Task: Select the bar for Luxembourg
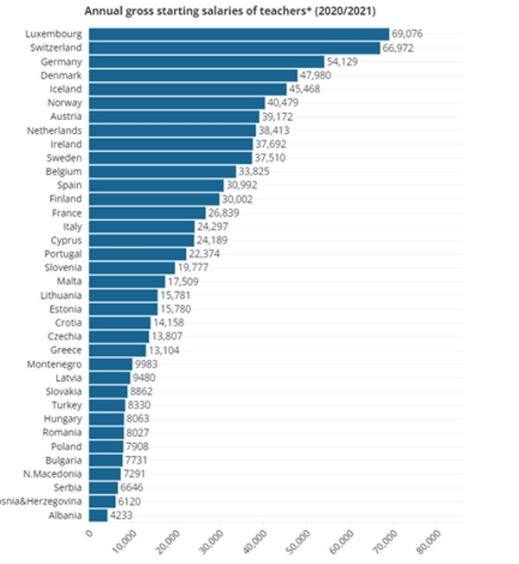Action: coord(239,34)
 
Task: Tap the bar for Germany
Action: coord(207,61)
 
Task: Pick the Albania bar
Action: coord(99,516)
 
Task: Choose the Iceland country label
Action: coord(65,89)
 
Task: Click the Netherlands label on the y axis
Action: coord(54,130)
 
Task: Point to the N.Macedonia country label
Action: coord(54,473)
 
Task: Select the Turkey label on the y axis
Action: coord(67,405)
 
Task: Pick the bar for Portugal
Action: coord(138,254)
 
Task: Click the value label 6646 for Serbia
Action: coord(132,488)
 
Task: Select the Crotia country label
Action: coord(67,322)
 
